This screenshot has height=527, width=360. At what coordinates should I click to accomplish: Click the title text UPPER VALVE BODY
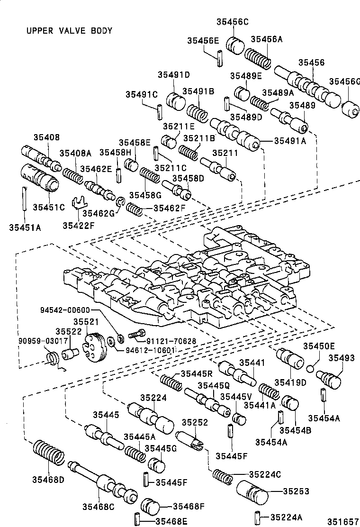tap(69, 31)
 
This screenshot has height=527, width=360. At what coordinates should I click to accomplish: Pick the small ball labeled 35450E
tap(310, 368)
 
